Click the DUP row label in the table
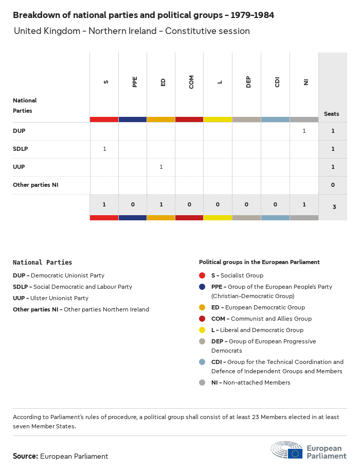click(x=19, y=131)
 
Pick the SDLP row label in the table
click(x=21, y=149)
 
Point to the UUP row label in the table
click(x=19, y=167)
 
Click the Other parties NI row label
click(x=35, y=185)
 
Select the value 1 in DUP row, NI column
click(x=304, y=131)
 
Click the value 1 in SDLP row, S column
click(x=104, y=149)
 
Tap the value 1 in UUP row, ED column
click(x=161, y=167)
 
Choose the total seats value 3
click(x=333, y=207)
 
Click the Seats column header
click(x=332, y=114)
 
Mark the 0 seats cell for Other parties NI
click(x=333, y=185)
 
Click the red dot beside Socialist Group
click(x=202, y=275)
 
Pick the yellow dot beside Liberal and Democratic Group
click(x=202, y=330)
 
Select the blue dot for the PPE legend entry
click(x=202, y=287)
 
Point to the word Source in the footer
click(x=25, y=456)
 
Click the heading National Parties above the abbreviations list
click(x=42, y=263)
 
